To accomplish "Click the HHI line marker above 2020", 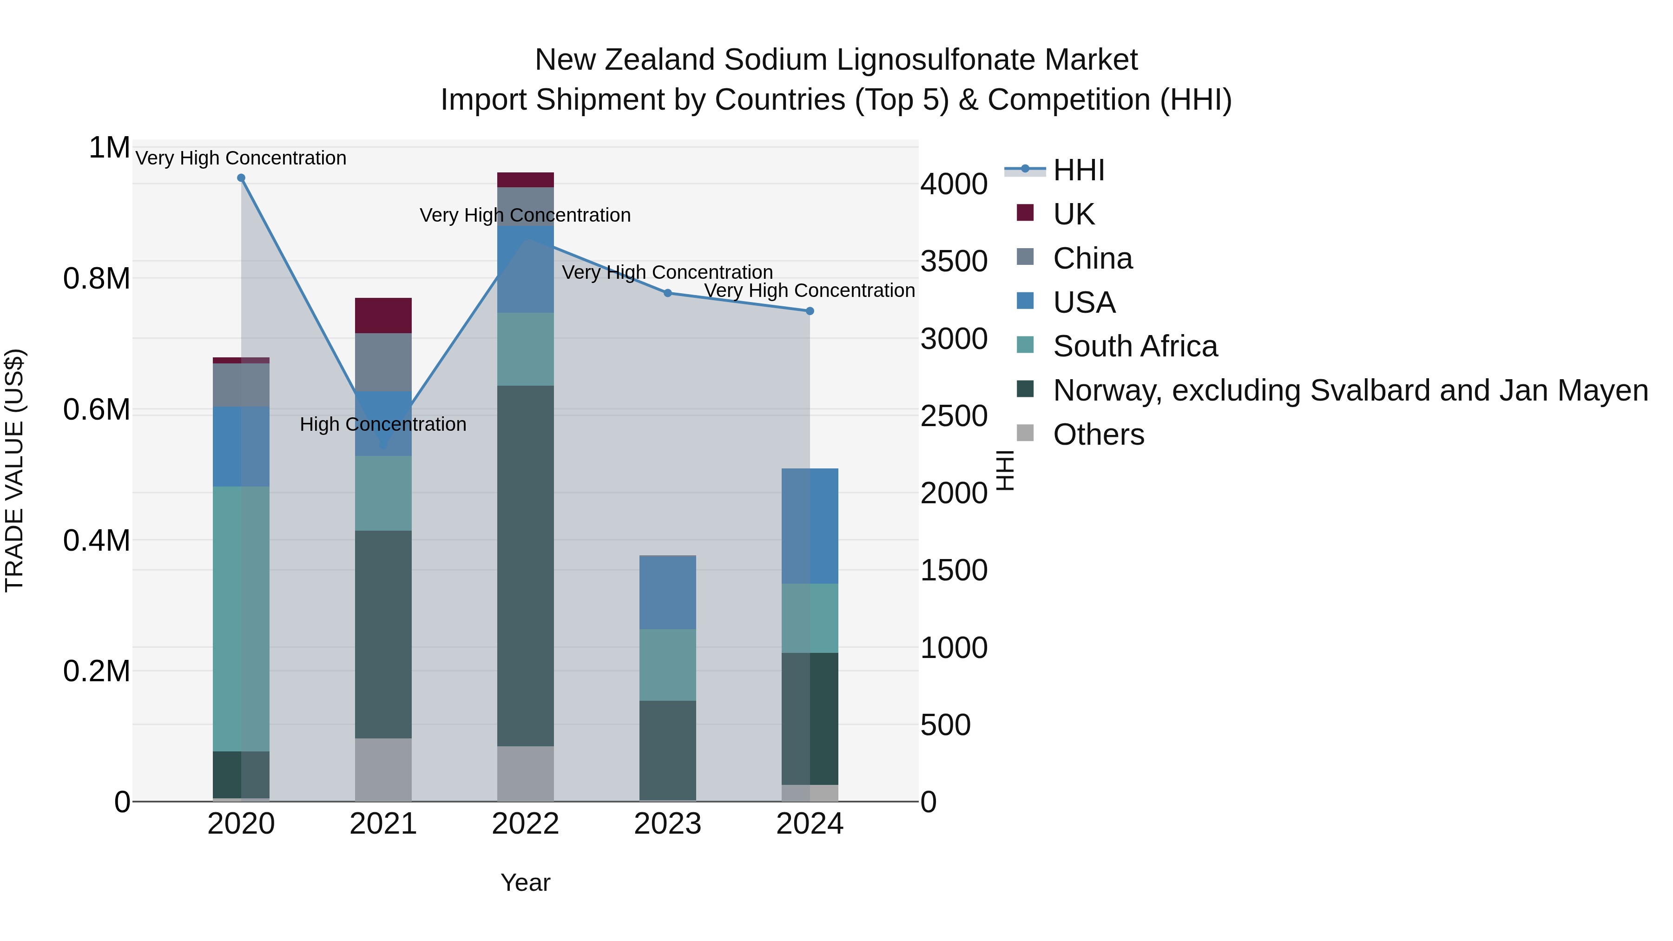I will point(241,178).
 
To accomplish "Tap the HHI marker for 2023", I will point(668,293).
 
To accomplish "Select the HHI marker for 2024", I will point(810,311).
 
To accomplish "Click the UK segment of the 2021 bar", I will point(383,316).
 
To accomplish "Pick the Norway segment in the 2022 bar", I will point(526,565).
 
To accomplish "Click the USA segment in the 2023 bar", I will point(668,592).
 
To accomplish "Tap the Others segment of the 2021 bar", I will point(383,770).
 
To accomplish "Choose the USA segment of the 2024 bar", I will point(810,526).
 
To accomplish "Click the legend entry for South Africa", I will point(1134,346).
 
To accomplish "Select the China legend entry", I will point(1093,258).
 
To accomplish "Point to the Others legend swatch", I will point(1025,433).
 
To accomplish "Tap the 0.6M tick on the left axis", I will point(96,410).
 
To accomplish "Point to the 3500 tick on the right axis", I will point(954,261).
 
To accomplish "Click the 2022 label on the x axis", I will point(526,824).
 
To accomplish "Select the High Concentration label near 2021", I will point(383,424).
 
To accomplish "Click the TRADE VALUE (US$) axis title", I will point(14,470).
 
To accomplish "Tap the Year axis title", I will point(526,882).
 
